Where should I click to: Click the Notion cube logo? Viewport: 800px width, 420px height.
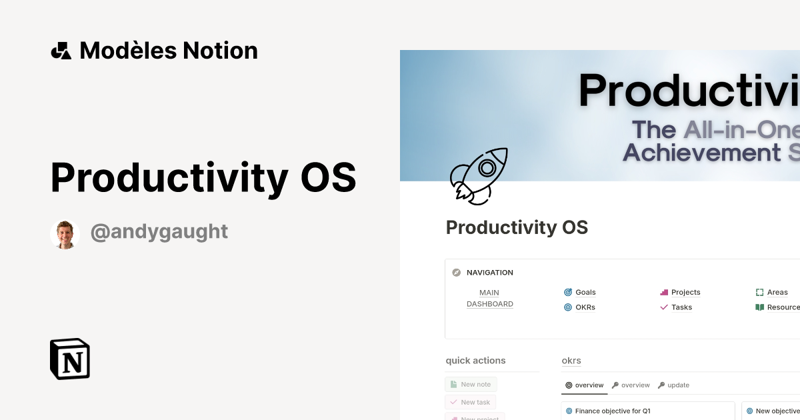[70, 359]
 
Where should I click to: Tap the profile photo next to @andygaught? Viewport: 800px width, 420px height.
[65, 235]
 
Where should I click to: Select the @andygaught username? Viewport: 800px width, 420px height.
[159, 231]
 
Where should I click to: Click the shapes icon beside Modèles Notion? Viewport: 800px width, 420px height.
[61, 51]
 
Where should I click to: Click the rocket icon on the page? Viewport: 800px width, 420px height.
[478, 175]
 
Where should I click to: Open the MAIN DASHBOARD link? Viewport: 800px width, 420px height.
[489, 298]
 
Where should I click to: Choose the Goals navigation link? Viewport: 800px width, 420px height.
[585, 292]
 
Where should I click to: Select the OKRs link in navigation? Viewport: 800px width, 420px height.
[585, 307]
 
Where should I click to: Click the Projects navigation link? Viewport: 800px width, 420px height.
[685, 292]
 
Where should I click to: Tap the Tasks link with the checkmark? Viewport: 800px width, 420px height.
[681, 307]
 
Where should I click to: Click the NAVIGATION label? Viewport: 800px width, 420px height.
[490, 273]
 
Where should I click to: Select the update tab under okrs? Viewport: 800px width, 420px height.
[678, 385]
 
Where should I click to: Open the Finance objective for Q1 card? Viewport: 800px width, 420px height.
[612, 411]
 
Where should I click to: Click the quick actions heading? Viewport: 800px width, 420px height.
[475, 361]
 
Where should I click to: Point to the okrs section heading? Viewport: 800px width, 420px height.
[571, 361]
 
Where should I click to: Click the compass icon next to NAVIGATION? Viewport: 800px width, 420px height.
[457, 273]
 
